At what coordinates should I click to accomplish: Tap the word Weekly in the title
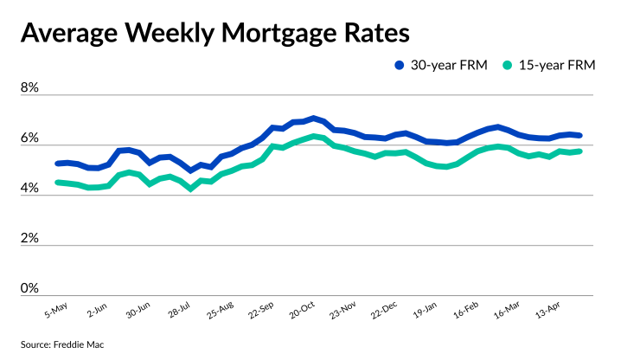click(x=164, y=34)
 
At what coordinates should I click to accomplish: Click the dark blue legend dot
click(x=400, y=65)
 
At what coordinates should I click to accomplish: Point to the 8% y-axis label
click(x=30, y=89)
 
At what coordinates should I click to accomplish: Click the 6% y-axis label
click(x=30, y=138)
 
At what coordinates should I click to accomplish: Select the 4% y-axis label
click(x=30, y=188)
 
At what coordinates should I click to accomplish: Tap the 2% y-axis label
click(x=30, y=238)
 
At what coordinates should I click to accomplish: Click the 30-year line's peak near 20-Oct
click(x=312, y=118)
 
